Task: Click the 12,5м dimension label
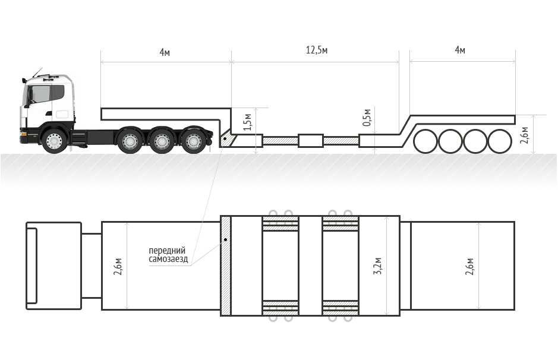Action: coord(316,50)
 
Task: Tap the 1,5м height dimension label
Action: coord(248,122)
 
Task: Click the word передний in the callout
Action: coord(167,251)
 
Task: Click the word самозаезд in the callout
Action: coord(168,259)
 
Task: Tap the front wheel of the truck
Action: coord(54,141)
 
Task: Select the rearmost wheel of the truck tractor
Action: coord(194,141)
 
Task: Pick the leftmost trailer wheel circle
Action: coord(425,141)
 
